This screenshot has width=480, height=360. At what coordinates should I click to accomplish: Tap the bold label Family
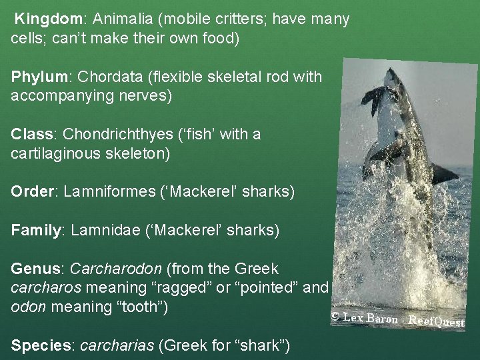coord(35,231)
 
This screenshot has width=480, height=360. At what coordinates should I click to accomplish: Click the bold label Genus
coord(35,269)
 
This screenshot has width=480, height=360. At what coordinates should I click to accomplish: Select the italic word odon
coord(26,307)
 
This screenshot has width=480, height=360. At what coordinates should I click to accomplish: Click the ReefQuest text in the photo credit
coord(436,321)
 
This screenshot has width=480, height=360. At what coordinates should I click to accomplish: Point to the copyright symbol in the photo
coord(336,317)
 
